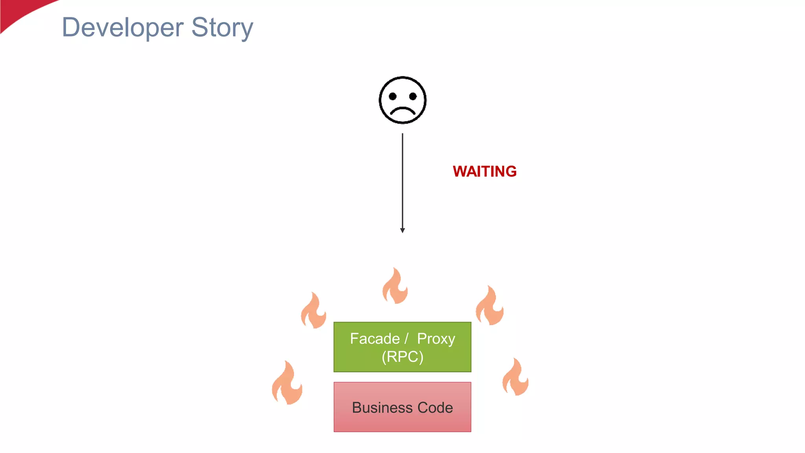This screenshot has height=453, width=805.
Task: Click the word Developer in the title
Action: click(123, 28)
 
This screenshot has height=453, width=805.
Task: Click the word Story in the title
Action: click(222, 28)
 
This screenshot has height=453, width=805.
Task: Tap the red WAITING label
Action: click(484, 171)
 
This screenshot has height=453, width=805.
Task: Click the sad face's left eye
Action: click(392, 96)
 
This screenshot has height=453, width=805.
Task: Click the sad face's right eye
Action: click(413, 96)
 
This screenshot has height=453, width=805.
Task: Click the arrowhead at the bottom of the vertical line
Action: click(402, 230)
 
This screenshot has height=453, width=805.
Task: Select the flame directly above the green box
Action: click(395, 287)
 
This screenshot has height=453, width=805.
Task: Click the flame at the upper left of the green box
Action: click(313, 312)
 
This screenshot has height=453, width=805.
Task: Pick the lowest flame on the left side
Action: click(287, 384)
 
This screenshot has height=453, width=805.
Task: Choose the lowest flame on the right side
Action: click(515, 378)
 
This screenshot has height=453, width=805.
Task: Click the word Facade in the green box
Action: click(375, 339)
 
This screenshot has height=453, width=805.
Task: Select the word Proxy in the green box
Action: click(436, 339)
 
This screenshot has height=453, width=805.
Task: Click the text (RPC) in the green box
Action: click(402, 357)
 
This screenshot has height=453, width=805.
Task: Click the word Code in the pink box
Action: click(435, 407)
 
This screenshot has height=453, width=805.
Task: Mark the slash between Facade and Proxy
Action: click(407, 339)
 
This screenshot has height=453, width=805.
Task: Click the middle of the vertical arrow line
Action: click(402, 181)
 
